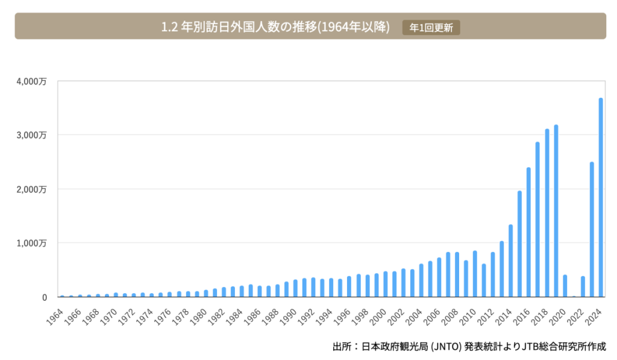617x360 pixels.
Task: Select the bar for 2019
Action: click(x=556, y=211)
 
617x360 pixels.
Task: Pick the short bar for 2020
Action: click(x=565, y=286)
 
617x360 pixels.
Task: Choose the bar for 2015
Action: click(x=520, y=244)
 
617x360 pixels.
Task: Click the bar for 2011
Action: click(x=484, y=280)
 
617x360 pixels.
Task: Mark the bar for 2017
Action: click(x=538, y=219)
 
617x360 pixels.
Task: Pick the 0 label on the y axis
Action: click(x=44, y=297)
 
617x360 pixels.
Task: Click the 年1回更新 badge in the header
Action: click(x=431, y=28)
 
